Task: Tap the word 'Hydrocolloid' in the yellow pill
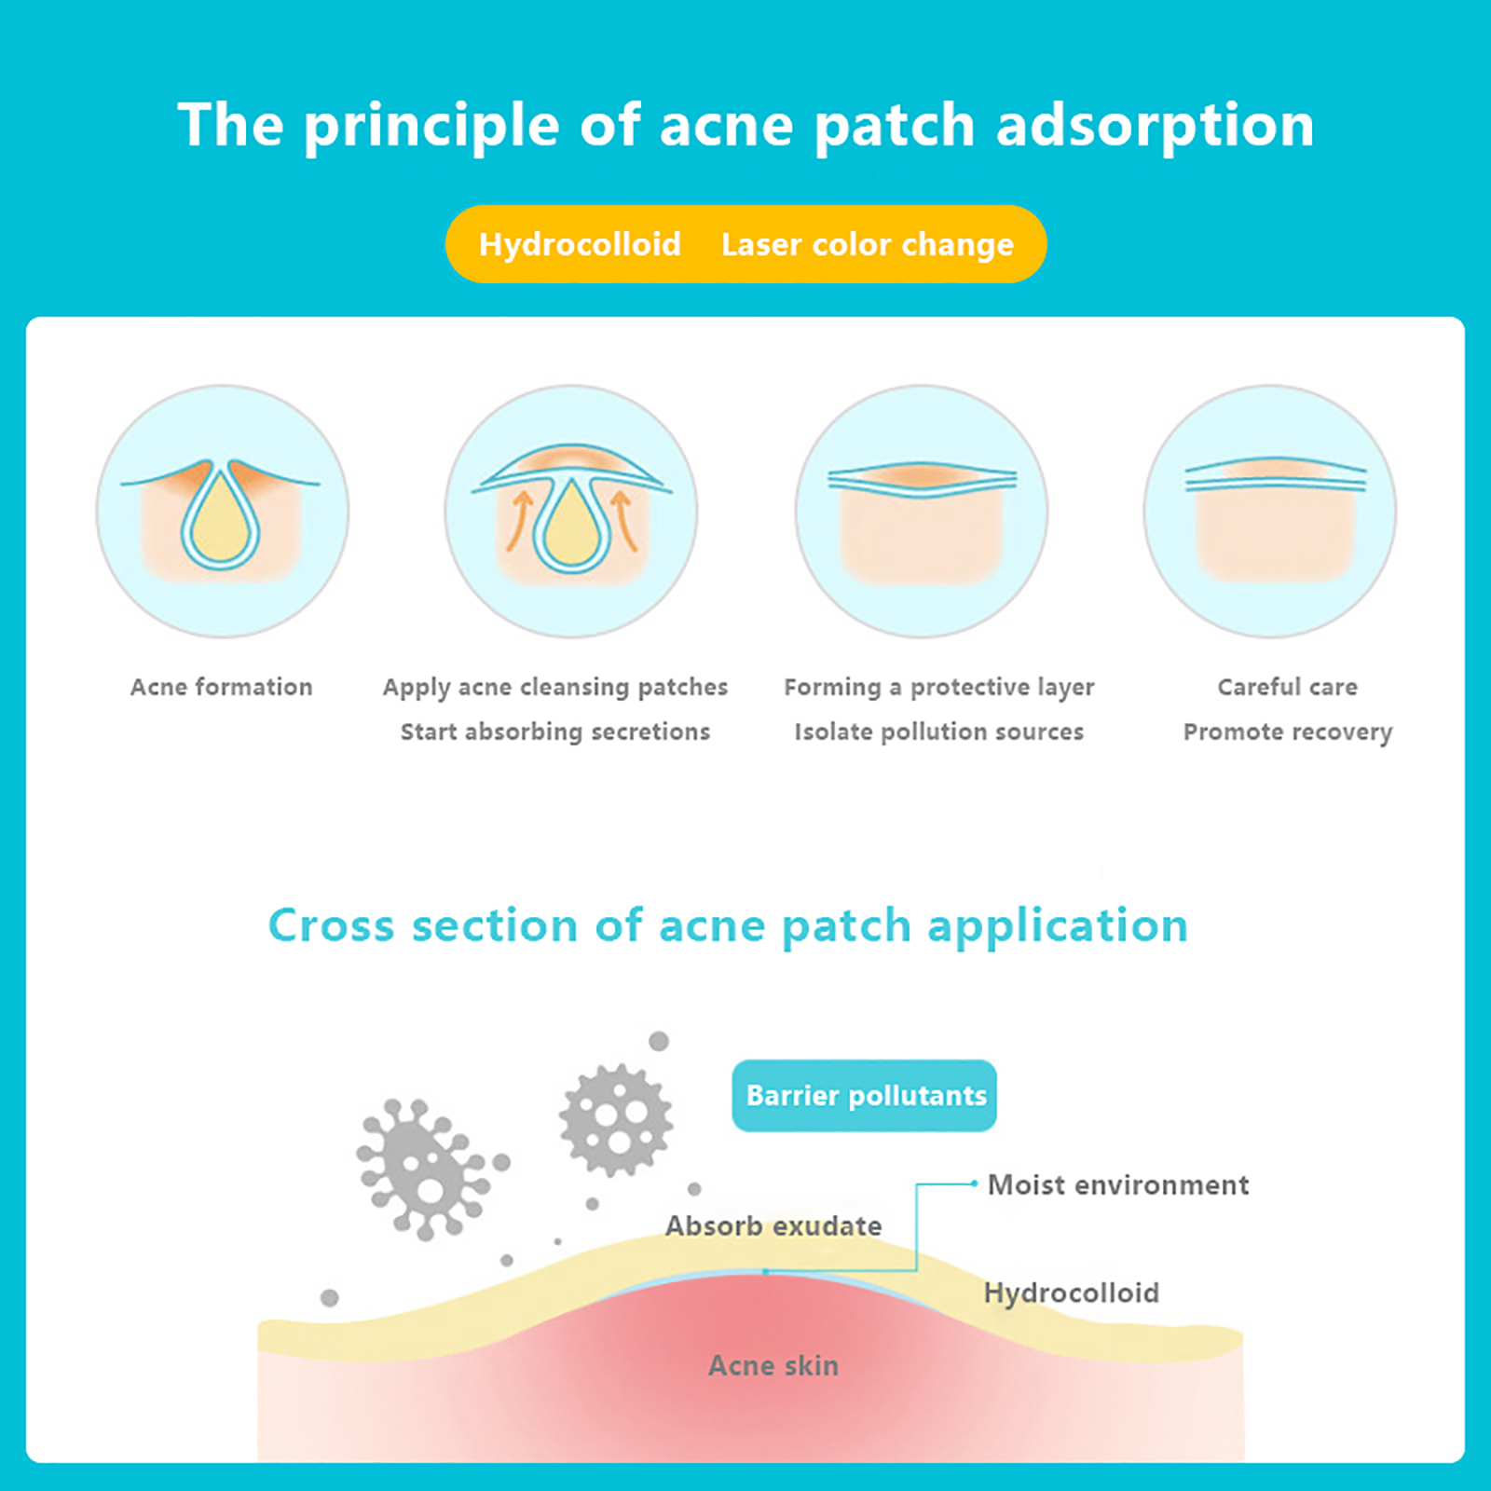[x=580, y=244]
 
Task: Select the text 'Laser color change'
[x=867, y=244]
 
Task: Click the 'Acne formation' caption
[x=221, y=687]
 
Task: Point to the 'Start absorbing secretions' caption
[x=554, y=732]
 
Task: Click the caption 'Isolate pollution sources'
[x=938, y=732]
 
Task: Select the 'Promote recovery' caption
[x=1287, y=732]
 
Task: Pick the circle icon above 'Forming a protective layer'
[x=921, y=512]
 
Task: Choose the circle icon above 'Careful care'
[x=1269, y=512]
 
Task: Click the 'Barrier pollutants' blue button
[x=864, y=1095]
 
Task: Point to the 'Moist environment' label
[x=1117, y=1184]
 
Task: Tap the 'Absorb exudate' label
[x=773, y=1225]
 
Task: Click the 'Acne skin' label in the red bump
[x=773, y=1365]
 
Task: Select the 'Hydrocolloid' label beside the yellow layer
[x=1071, y=1293]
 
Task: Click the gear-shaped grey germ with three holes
[x=616, y=1118]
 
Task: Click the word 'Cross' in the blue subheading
[x=331, y=925]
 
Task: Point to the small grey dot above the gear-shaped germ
[x=659, y=1041]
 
